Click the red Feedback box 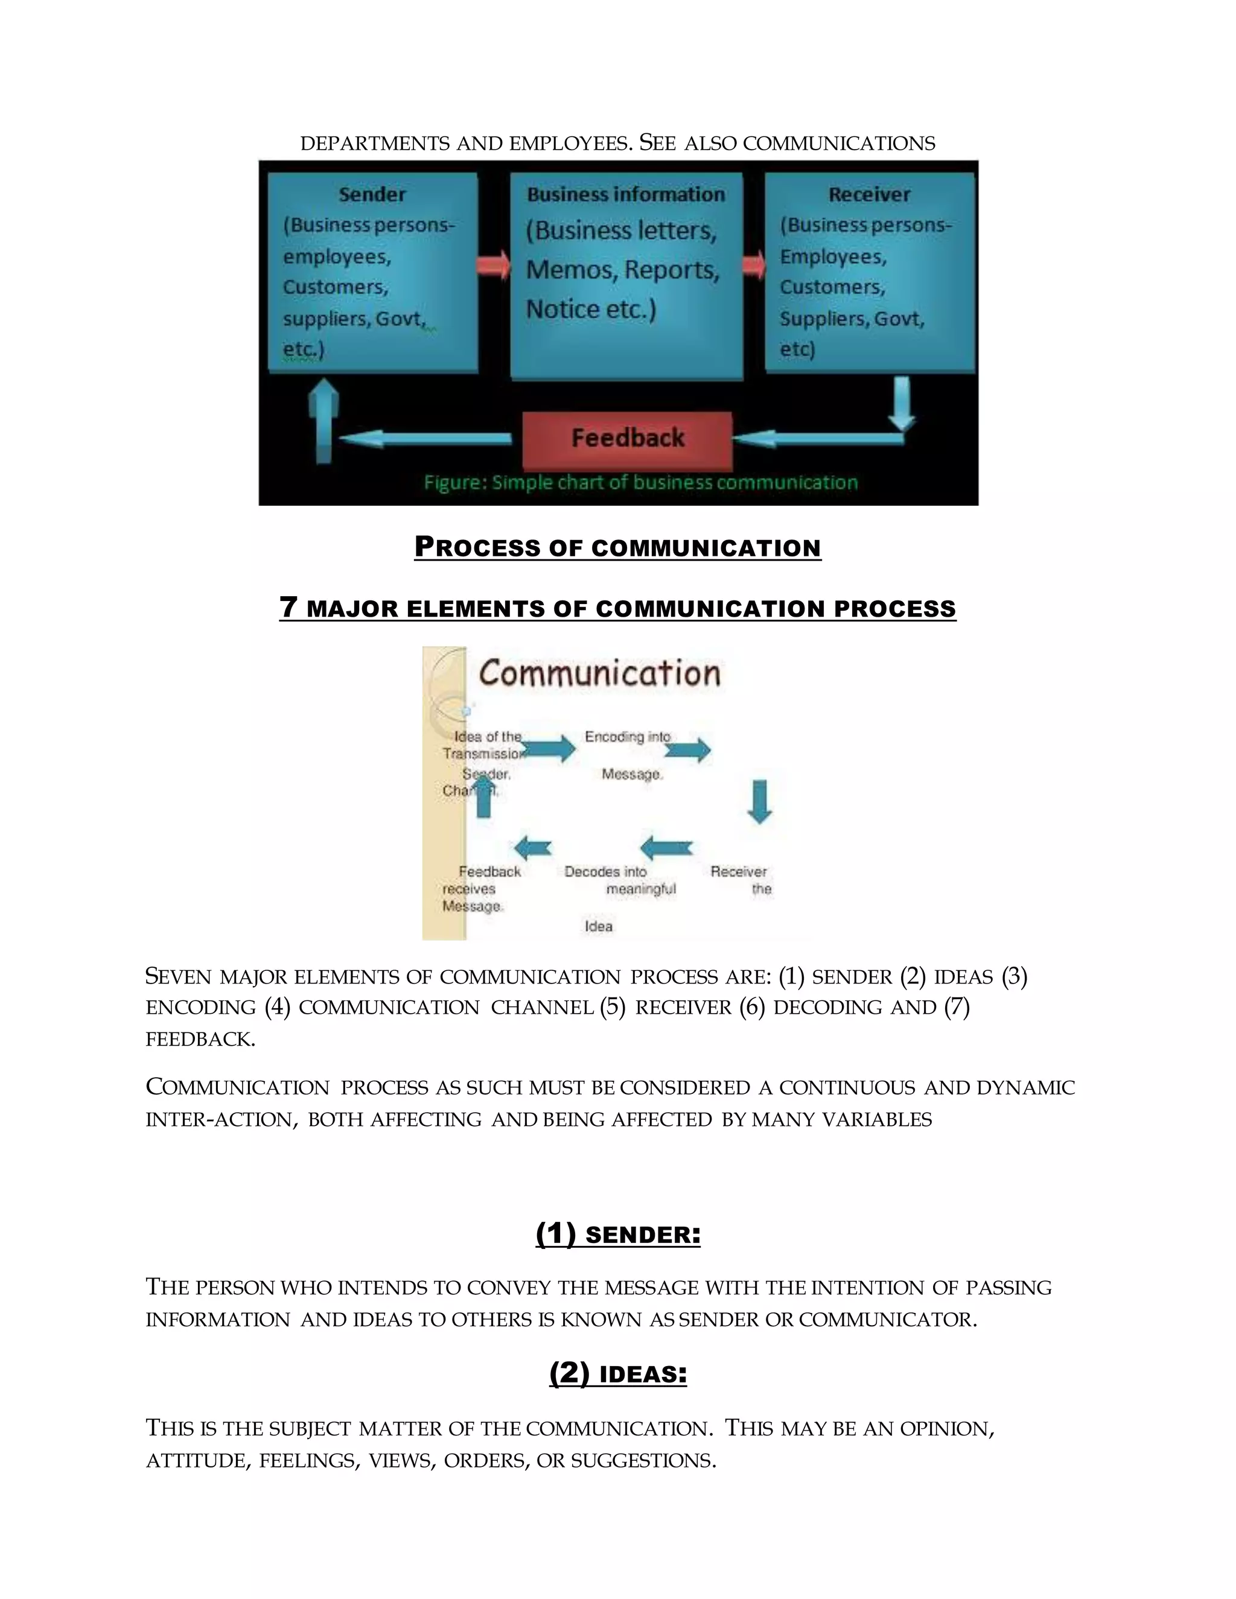coord(627,439)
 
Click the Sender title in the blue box coord(372,195)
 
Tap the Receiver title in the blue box coord(869,195)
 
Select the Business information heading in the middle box coord(626,195)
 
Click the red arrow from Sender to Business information coord(494,264)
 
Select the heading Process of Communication coord(617,548)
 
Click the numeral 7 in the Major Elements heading coord(288,607)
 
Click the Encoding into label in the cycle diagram coord(628,737)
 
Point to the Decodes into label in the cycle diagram coord(605,871)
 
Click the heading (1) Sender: coord(618,1235)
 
